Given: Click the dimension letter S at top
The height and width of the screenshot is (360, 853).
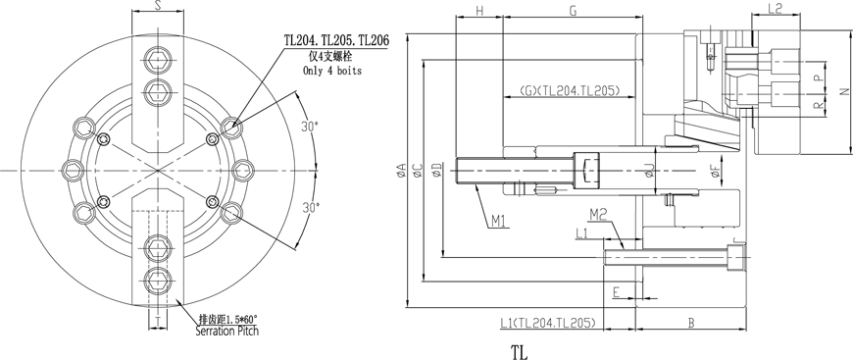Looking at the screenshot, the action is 158,6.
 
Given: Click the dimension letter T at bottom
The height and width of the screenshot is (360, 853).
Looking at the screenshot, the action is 158,323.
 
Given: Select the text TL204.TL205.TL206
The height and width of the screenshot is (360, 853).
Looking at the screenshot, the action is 337,41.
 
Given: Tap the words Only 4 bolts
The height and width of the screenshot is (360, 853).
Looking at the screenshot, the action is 331,71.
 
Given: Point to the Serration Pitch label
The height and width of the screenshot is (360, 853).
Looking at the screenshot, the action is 226,331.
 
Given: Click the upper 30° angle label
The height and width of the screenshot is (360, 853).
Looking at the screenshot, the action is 310,127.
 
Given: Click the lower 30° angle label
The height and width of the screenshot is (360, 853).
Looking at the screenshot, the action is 310,207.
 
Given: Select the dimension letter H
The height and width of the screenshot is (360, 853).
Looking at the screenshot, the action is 479,11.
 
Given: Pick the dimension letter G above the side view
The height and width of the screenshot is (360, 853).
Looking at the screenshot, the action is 573,11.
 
